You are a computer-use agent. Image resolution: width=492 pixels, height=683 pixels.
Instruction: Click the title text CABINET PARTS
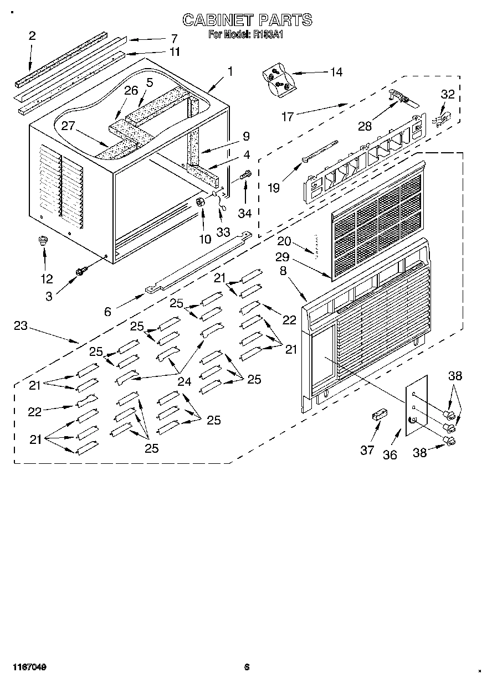click(247, 20)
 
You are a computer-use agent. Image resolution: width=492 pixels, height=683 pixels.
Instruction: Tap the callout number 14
click(336, 72)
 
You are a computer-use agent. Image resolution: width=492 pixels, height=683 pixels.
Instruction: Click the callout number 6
click(107, 312)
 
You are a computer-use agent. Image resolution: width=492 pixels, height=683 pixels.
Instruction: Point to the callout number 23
click(20, 326)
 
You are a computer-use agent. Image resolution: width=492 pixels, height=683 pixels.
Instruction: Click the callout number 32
click(447, 94)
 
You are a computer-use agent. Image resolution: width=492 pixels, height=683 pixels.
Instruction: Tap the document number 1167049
click(27, 668)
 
